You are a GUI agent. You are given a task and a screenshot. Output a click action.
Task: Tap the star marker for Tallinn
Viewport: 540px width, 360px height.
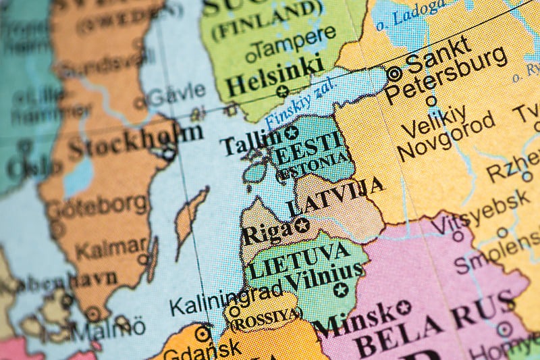point(291,133)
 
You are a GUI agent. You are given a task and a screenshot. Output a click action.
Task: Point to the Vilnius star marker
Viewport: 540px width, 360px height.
point(341,290)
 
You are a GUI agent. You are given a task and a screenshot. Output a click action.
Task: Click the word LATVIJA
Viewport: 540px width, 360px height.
point(335,196)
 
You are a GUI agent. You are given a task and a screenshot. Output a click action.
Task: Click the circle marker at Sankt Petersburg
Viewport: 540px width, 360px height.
point(394,74)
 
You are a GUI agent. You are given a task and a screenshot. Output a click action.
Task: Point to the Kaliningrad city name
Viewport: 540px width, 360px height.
point(225,301)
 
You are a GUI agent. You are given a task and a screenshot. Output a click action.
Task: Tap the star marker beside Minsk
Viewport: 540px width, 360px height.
point(404,307)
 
